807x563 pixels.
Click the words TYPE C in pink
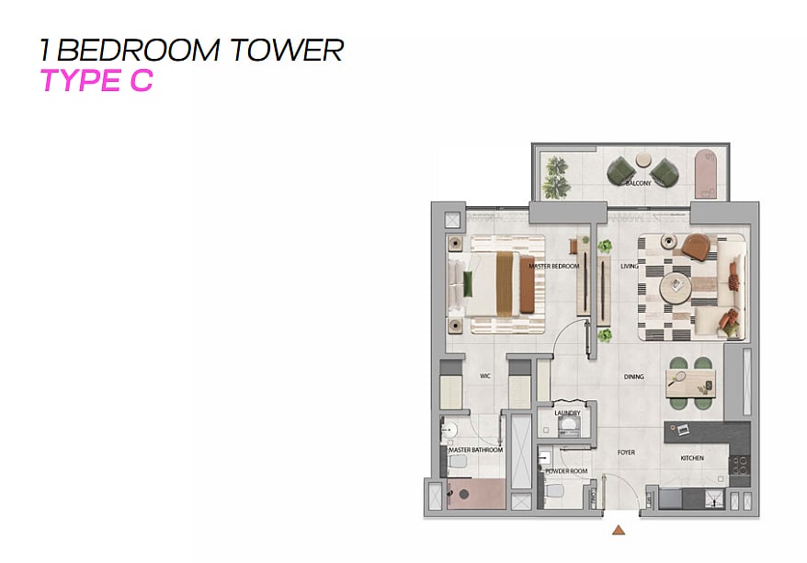point(97,80)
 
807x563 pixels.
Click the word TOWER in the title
point(287,50)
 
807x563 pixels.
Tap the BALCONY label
point(638,183)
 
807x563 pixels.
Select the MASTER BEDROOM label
point(554,266)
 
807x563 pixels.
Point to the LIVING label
point(629,266)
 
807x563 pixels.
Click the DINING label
point(633,376)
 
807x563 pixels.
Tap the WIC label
point(484,376)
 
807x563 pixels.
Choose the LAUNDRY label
point(567,413)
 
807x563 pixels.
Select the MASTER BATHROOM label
point(475,450)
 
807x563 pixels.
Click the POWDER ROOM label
point(566,471)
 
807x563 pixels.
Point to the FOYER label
point(626,453)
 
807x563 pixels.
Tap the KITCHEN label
point(692,458)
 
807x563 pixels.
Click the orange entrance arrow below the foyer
point(619,530)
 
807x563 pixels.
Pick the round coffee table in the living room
point(676,287)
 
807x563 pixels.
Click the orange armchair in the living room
point(698,247)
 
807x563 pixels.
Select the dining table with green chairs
point(690,384)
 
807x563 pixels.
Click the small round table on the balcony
point(643,160)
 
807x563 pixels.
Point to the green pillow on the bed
point(468,284)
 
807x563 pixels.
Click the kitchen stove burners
point(740,465)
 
